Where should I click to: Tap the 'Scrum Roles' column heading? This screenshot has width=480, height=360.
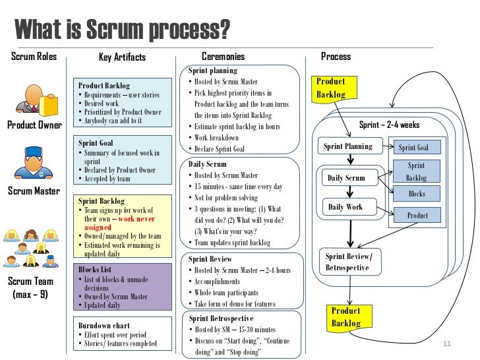pyautogui.click(x=34, y=57)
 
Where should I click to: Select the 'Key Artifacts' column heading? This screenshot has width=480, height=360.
pyautogui.click(x=122, y=57)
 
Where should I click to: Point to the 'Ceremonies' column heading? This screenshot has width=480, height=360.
pyautogui.click(x=222, y=57)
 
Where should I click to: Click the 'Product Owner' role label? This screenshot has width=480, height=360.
pyautogui.click(x=34, y=125)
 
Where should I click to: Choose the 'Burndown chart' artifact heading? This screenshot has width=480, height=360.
pyautogui.click(x=104, y=326)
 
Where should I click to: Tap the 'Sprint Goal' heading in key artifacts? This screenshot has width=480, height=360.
pyautogui.click(x=96, y=142)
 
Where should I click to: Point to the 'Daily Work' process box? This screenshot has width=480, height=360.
pyautogui.click(x=345, y=207)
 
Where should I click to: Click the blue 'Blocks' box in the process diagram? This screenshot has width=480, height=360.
pyautogui.click(x=417, y=194)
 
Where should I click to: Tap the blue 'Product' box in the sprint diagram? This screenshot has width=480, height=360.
pyautogui.click(x=417, y=216)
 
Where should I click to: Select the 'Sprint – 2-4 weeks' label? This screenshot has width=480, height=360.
pyautogui.click(x=389, y=125)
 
